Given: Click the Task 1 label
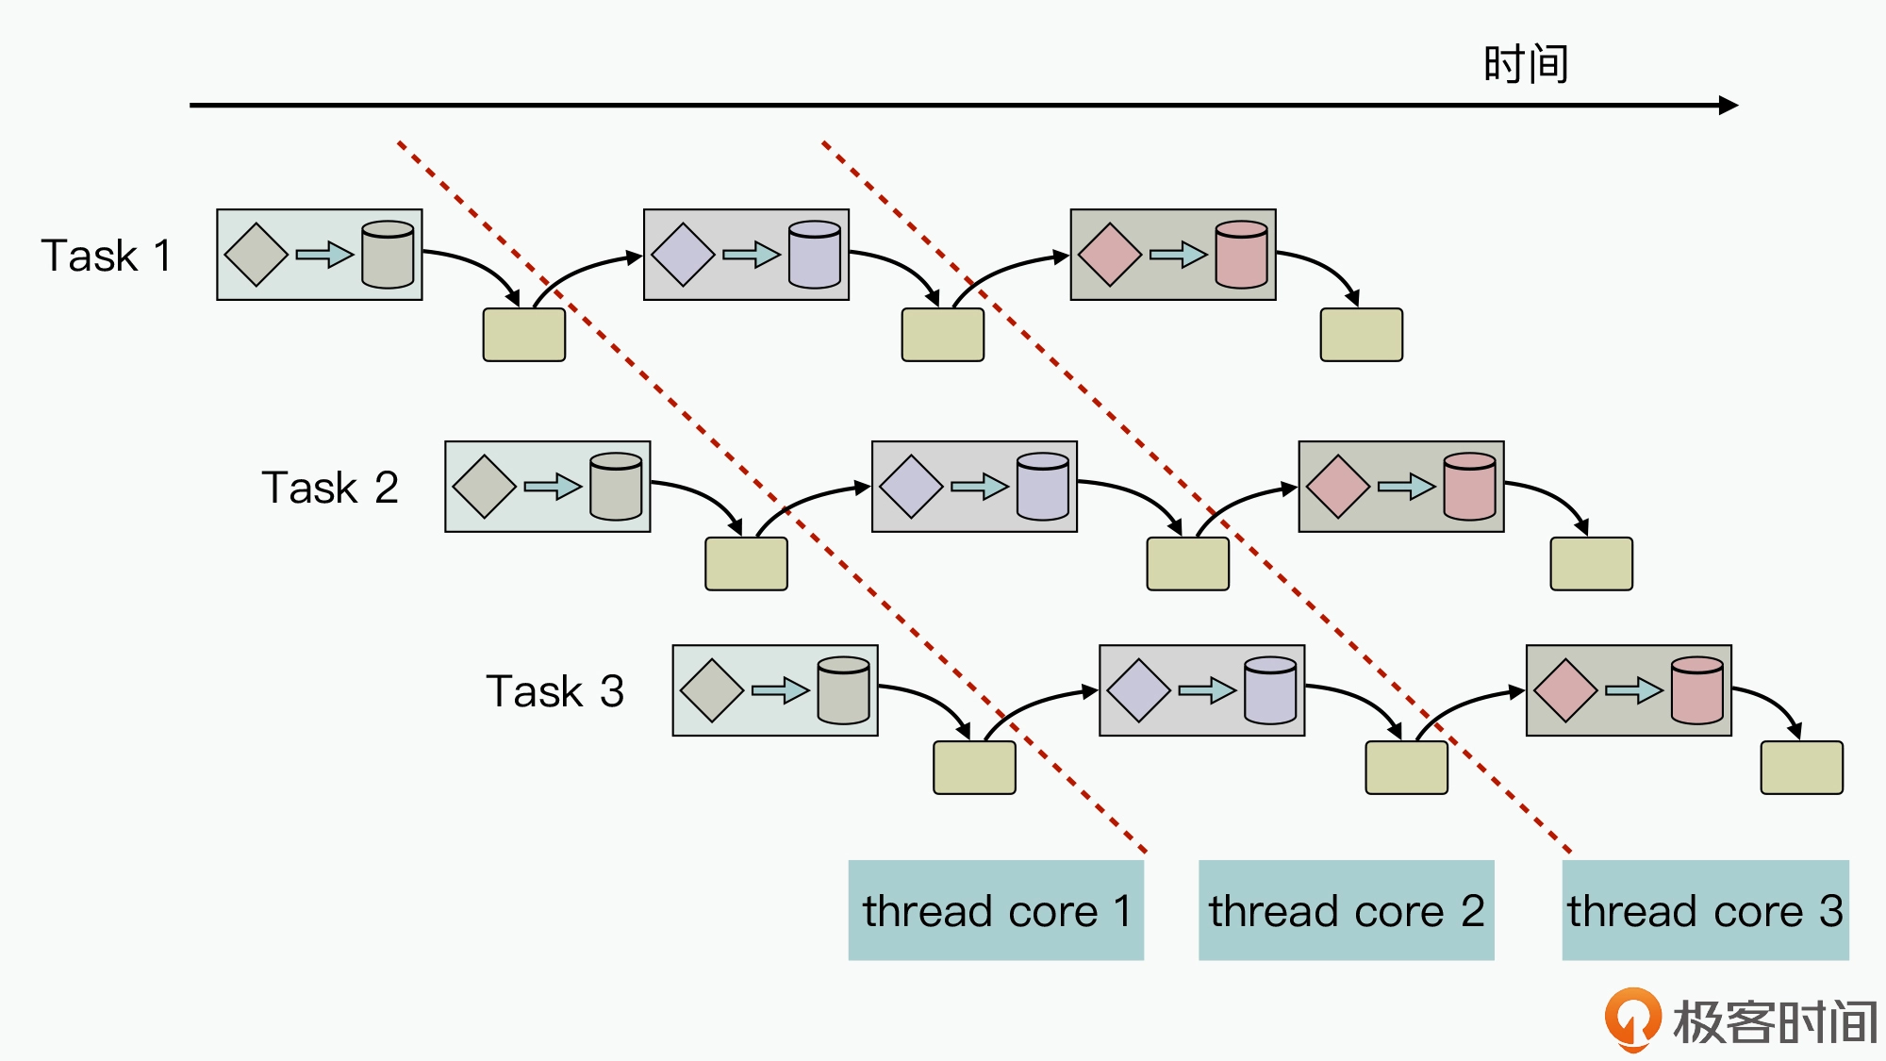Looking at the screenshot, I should (x=107, y=256).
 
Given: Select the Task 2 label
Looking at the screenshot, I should (x=330, y=488).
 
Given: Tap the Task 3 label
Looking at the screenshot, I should (x=554, y=691).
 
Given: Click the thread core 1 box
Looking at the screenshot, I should (x=996, y=910).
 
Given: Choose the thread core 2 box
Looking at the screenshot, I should (x=1346, y=910).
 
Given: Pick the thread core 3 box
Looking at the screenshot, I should (x=1705, y=910).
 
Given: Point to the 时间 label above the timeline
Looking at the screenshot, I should (x=1526, y=64).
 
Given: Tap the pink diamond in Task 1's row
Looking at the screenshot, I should (x=1110, y=255).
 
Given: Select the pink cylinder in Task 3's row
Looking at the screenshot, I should (x=1696, y=691).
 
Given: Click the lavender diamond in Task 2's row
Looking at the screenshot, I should (x=911, y=487).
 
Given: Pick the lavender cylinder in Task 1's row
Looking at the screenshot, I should (x=815, y=255).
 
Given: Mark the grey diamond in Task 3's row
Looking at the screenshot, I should (x=712, y=690).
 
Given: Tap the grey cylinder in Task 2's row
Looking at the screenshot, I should (x=616, y=487).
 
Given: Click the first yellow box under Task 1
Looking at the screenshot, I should (x=524, y=335).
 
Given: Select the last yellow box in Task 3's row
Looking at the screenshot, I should (x=1801, y=768).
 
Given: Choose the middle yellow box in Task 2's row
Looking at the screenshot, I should (x=1187, y=564).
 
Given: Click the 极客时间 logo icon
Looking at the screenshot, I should (x=1632, y=1020).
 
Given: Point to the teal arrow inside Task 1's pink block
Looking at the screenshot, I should (x=1178, y=255).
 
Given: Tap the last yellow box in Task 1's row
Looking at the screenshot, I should (x=1361, y=335).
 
